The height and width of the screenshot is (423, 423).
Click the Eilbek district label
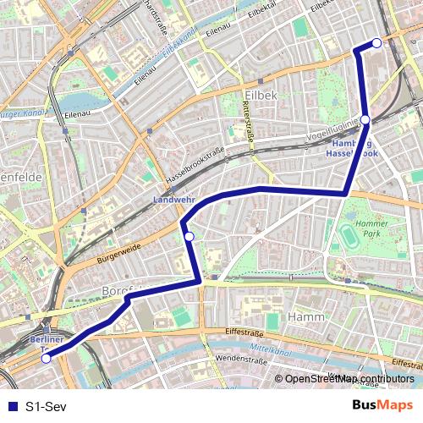[x=260, y=96]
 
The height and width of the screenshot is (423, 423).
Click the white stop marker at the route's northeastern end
[x=376, y=43]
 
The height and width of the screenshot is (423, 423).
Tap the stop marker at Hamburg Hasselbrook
[x=365, y=120]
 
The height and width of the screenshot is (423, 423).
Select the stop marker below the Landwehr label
[x=190, y=236]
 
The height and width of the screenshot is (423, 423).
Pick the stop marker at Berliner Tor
[x=46, y=358]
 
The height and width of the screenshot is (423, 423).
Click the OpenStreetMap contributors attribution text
[x=348, y=379]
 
